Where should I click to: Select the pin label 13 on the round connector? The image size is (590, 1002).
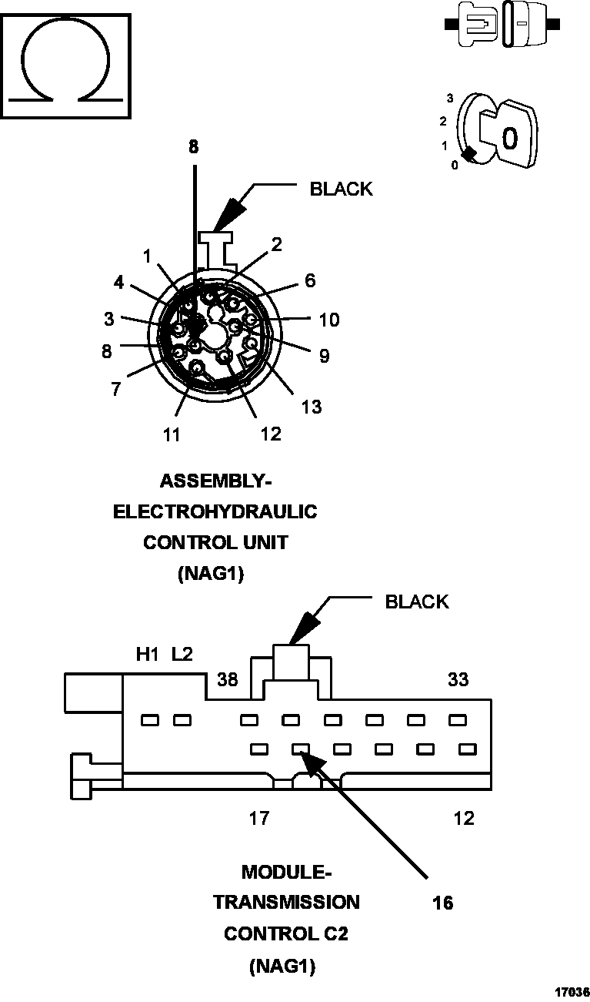[312, 407]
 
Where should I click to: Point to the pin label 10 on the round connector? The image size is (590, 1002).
[328, 319]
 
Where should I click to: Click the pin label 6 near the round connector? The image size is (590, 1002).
[309, 280]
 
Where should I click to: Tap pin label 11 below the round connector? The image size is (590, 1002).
[171, 434]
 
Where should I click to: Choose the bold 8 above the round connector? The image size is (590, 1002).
[193, 147]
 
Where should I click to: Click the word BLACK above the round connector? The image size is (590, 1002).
[341, 189]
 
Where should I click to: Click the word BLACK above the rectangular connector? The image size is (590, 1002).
[416, 602]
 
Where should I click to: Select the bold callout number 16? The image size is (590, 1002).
[442, 903]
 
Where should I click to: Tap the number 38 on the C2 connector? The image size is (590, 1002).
[228, 680]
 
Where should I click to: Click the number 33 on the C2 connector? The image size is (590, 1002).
[458, 680]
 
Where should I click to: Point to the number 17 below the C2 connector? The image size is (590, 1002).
[259, 818]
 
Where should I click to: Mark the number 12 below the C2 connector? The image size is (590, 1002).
[464, 818]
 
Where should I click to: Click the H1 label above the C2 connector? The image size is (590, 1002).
[147, 655]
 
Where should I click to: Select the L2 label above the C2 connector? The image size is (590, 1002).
[182, 655]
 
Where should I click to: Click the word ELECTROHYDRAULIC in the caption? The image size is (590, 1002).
[215, 511]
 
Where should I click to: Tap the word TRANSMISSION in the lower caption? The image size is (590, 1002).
[286, 902]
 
